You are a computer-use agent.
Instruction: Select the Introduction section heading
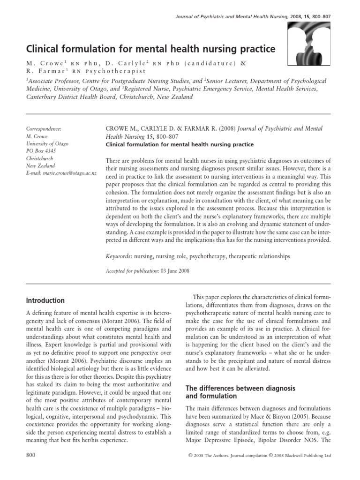pos(45,300)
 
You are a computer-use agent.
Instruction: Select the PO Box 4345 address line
pos(41,150)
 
